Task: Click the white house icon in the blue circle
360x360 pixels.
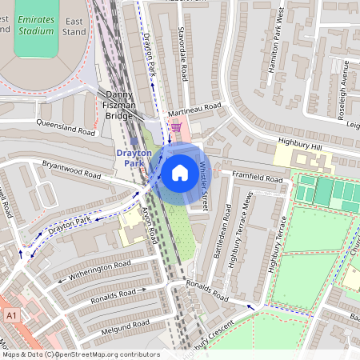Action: pyautogui.click(x=180, y=172)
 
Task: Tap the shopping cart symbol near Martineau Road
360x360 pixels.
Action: pyautogui.click(x=175, y=126)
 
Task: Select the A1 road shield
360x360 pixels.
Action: pyautogui.click(x=11, y=318)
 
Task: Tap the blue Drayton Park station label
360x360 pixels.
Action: pyautogui.click(x=132, y=158)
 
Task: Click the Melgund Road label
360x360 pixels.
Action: pyautogui.click(x=120, y=324)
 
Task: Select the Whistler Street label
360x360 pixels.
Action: pyautogui.click(x=204, y=186)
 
